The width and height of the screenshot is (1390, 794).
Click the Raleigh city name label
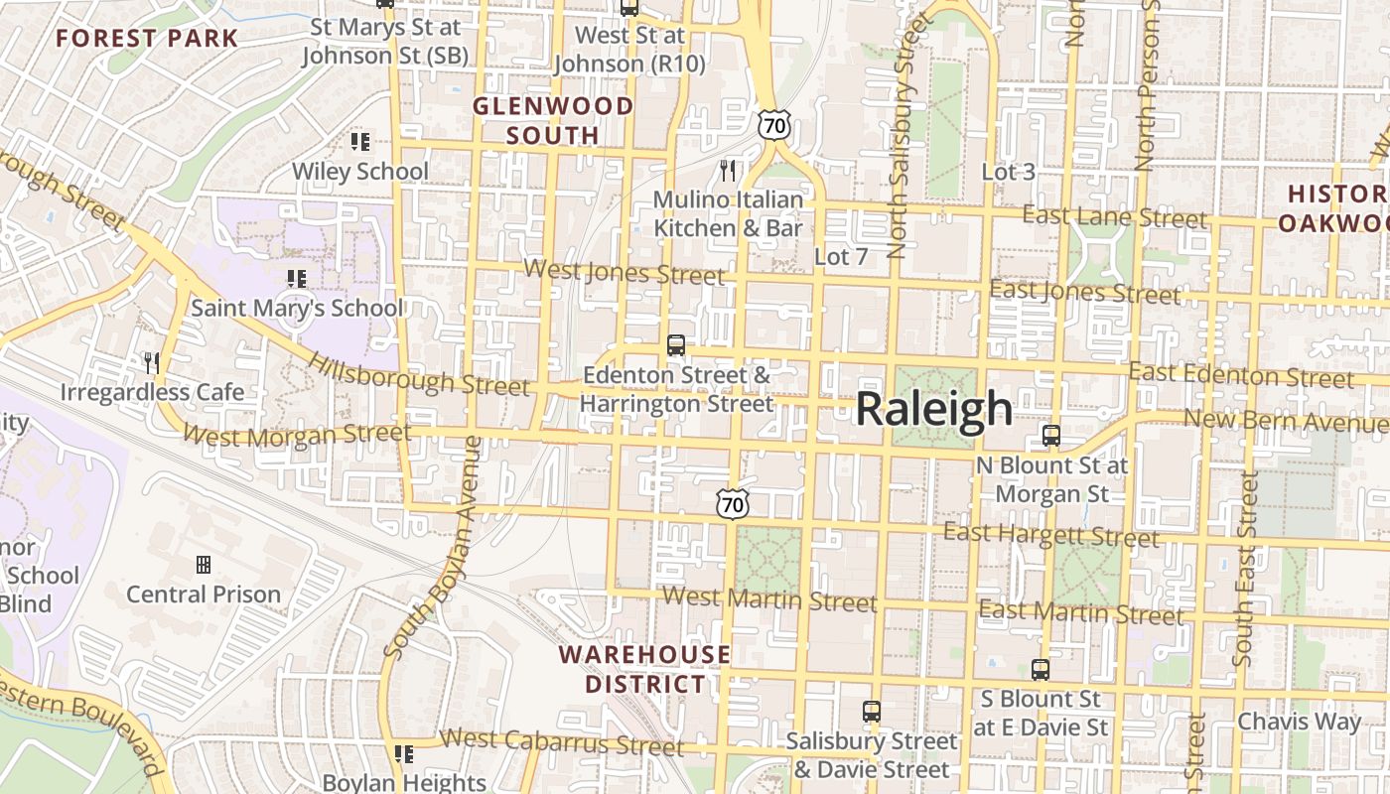click(x=933, y=409)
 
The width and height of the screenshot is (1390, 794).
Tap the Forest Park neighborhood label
click(x=147, y=39)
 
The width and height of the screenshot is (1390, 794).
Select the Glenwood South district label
click(x=552, y=120)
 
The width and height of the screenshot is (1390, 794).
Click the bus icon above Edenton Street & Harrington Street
click(x=676, y=345)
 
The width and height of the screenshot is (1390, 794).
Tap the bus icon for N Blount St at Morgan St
click(x=1051, y=436)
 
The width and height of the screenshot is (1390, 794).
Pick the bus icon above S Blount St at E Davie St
click(x=1040, y=670)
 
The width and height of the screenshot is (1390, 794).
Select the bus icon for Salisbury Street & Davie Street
click(x=871, y=712)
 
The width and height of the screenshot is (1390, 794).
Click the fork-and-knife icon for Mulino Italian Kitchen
click(x=728, y=171)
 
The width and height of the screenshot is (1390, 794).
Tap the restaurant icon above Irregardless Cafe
click(x=152, y=363)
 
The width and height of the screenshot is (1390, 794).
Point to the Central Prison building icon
click(x=204, y=565)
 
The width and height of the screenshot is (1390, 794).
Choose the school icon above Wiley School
click(x=360, y=142)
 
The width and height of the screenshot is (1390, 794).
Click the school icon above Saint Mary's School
click(x=296, y=279)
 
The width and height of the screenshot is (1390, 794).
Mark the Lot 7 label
click(x=841, y=257)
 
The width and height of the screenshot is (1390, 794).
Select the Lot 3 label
click(x=1008, y=172)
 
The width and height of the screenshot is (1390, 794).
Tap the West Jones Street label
click(x=624, y=271)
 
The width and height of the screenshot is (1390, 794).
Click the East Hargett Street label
click(x=1050, y=536)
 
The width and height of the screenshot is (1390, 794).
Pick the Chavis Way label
click(x=1299, y=722)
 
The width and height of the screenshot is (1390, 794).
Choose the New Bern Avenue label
click(x=1285, y=422)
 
